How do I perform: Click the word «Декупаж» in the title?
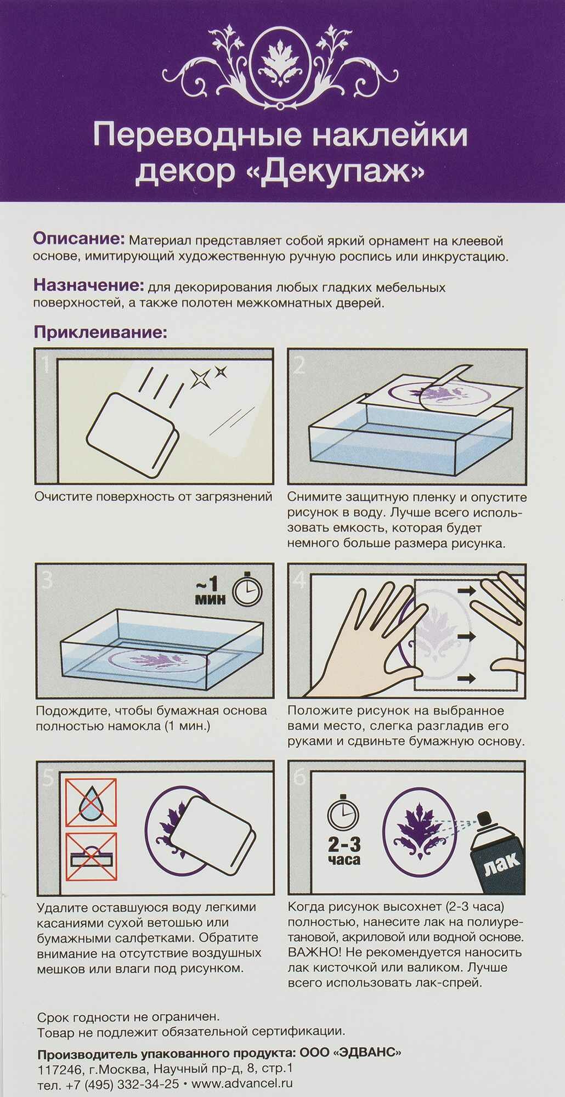tap(342, 172)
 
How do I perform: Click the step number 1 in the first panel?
tap(47, 365)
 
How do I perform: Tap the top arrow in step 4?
tap(466, 591)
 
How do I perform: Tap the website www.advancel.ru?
tap(242, 1084)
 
